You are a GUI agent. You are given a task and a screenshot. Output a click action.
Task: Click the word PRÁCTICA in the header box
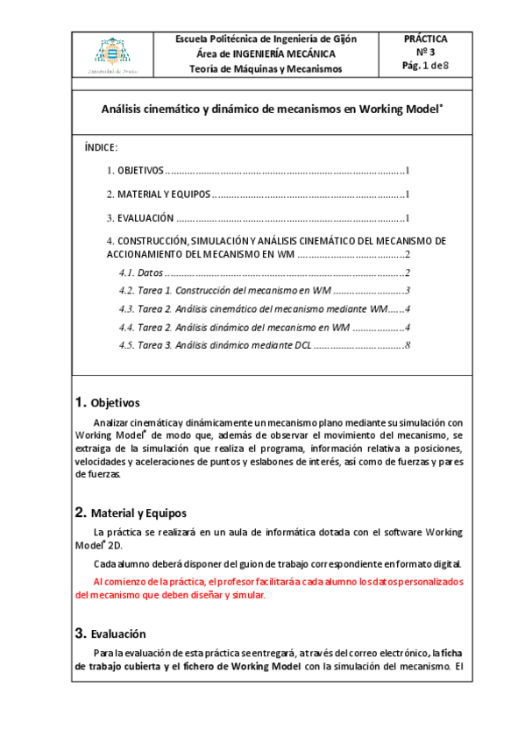tap(425, 39)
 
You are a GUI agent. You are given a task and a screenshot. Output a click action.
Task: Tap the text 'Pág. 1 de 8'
tap(425, 66)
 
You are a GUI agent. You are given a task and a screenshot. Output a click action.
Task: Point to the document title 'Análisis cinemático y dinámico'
tap(273, 110)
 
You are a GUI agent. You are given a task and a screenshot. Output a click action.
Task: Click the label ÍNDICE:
tap(101, 148)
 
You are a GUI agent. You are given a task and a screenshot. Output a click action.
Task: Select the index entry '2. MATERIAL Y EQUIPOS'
tap(158, 195)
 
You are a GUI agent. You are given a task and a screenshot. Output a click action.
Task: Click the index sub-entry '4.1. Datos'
tap(141, 273)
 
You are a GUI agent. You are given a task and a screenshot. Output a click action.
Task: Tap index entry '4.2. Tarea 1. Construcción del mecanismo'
tap(223, 291)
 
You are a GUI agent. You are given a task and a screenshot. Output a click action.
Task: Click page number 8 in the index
tap(408, 345)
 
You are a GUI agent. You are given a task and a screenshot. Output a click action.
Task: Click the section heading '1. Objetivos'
tap(107, 403)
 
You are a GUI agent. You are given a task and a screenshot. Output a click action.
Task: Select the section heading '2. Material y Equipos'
tap(130, 513)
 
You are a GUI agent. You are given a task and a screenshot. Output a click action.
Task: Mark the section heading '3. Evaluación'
tap(110, 633)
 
